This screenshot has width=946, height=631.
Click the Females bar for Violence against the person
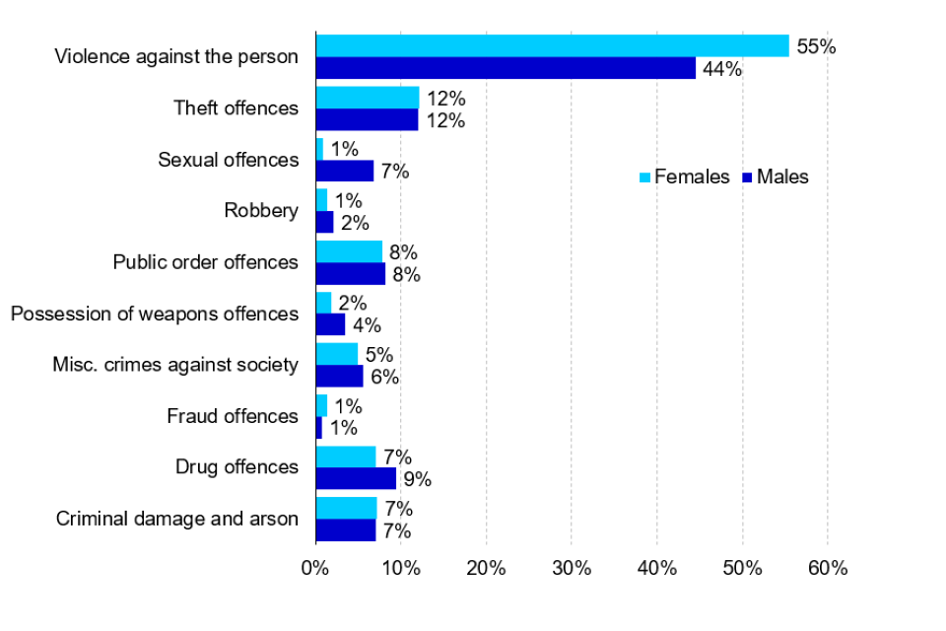coord(552,45)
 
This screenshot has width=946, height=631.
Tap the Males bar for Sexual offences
coord(345,171)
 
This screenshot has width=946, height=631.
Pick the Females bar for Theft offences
coord(367,98)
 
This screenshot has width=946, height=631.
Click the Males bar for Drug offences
coord(356,478)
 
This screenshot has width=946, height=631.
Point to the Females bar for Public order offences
coord(349,251)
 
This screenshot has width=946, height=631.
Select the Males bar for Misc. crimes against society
coord(339,376)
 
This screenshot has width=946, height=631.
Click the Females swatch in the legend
coord(644,177)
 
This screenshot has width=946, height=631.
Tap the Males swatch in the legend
coord(748,177)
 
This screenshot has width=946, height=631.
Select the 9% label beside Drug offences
coord(418,480)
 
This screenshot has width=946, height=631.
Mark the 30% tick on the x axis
coord(572,568)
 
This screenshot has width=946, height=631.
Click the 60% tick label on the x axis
coord(827,568)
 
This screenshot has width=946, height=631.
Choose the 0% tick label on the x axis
coord(315,568)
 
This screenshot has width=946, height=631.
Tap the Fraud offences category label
coord(233,416)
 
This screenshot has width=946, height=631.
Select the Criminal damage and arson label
coord(177,519)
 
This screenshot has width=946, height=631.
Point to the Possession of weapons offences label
coord(154,314)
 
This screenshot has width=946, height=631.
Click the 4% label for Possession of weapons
coord(367,326)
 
